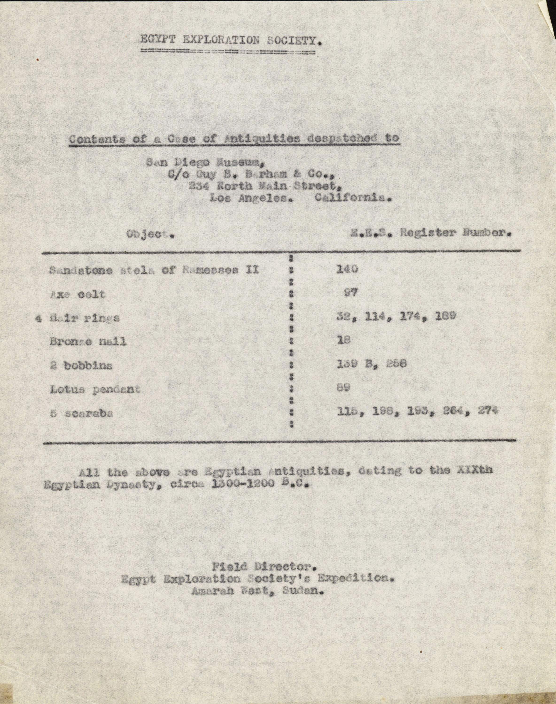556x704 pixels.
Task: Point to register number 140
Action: coord(347,269)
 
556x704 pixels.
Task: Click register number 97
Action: coord(351,293)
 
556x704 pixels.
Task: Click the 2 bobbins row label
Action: coord(81,366)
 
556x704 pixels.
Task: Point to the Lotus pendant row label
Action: coord(95,389)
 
